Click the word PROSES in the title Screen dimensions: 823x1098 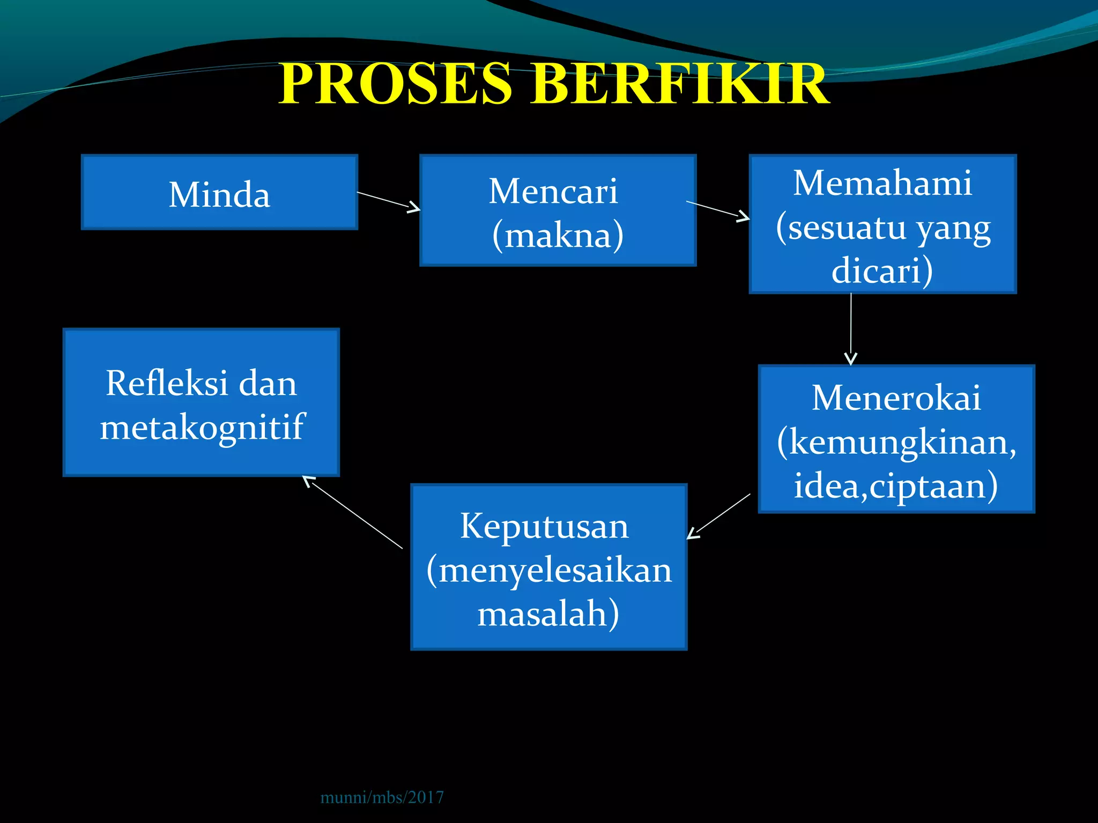pyautogui.click(x=396, y=84)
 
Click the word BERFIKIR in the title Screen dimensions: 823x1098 pyautogui.click(x=680, y=84)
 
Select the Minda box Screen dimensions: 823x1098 pyautogui.click(x=219, y=193)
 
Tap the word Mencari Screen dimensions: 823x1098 pyautogui.click(x=553, y=191)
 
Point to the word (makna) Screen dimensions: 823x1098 pyautogui.click(x=558, y=235)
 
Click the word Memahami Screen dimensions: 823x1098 pyautogui.click(x=882, y=183)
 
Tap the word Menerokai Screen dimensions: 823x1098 pyautogui.click(x=896, y=398)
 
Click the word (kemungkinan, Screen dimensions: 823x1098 pyautogui.click(x=896, y=442)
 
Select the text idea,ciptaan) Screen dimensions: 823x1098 pyautogui.click(x=896, y=485)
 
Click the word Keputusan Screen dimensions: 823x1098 pyautogui.click(x=544, y=526)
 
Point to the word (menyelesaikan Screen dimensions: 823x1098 pyautogui.click(x=549, y=570)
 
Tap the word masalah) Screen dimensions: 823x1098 pyautogui.click(x=548, y=613)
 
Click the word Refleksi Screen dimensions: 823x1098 pyautogui.click(x=167, y=383)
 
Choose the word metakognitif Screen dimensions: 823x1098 pyautogui.click(x=202, y=427)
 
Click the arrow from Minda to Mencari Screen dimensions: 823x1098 pyautogui.click(x=389, y=201)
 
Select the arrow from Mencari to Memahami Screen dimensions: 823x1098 pyautogui.click(x=718, y=211)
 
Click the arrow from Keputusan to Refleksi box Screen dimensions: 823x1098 pyautogui.click(x=353, y=512)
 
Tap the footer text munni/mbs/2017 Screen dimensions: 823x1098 pyautogui.click(x=382, y=797)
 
